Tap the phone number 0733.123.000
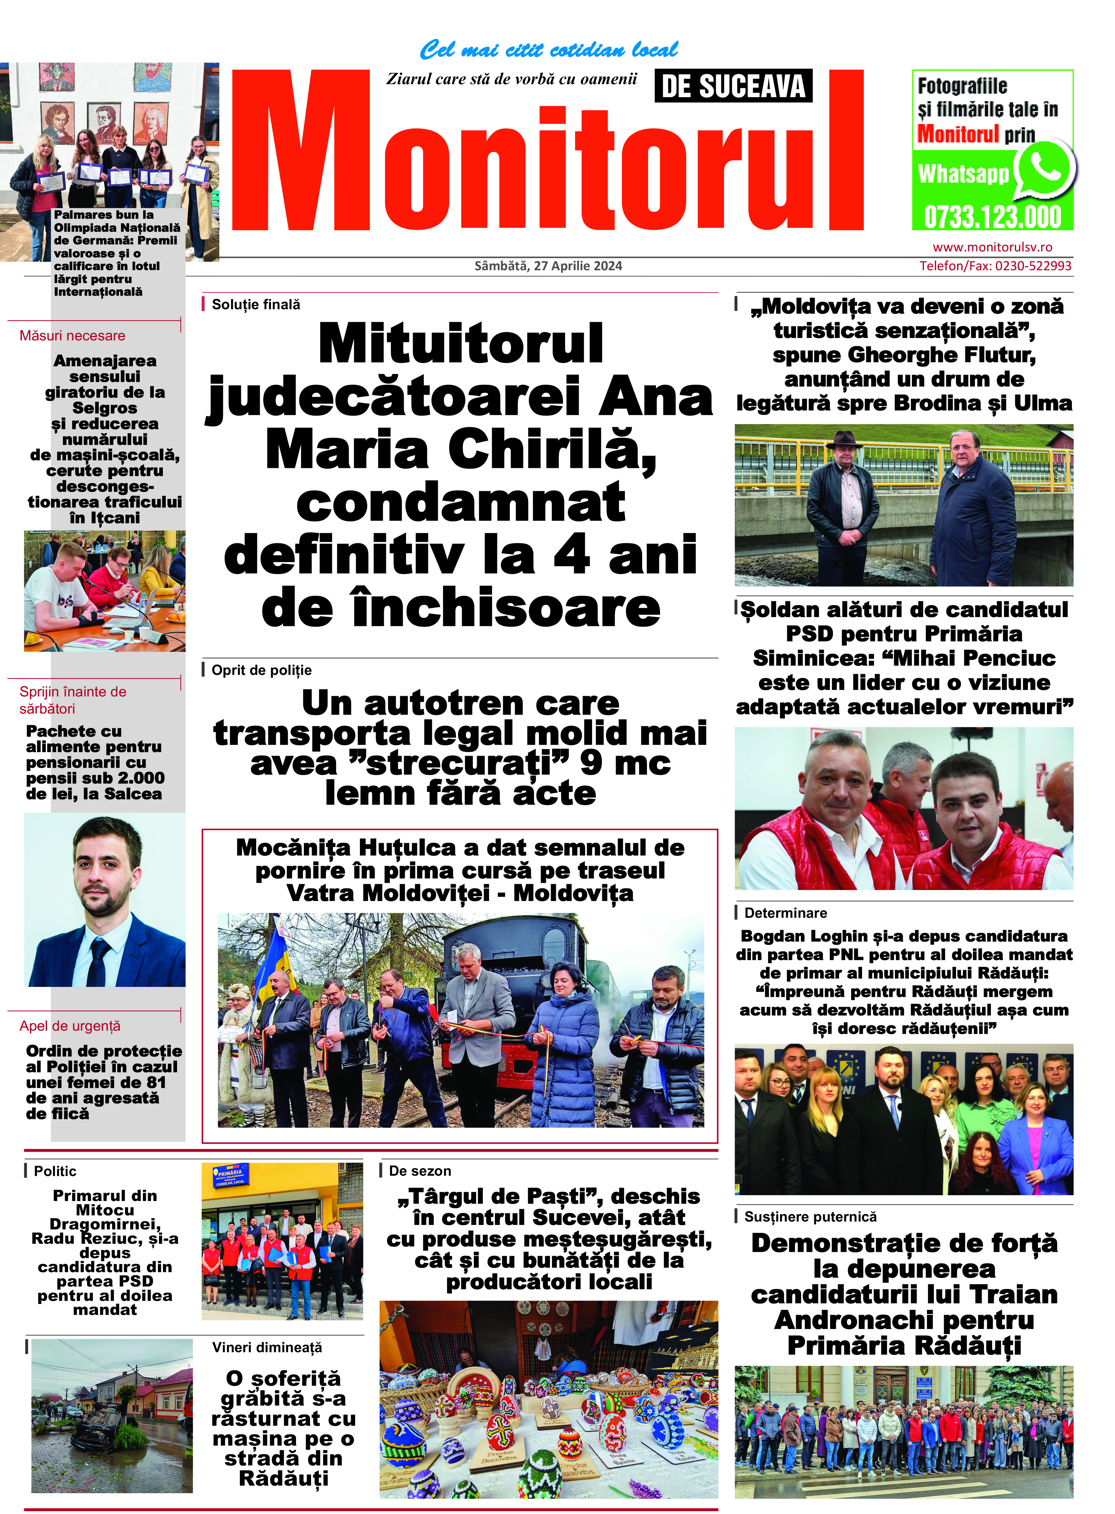point(992,218)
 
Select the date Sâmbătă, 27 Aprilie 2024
point(548,266)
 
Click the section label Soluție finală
point(256,304)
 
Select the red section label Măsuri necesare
point(72,336)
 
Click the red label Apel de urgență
point(70,1026)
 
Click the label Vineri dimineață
point(267,1347)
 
